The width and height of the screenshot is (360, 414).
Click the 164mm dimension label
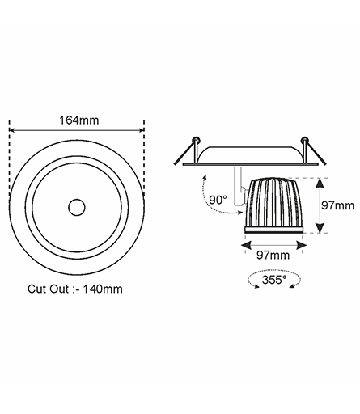coord(79,120)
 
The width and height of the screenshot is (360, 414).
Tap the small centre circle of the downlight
coord(77,208)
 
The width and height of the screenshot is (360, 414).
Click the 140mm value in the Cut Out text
coord(103,289)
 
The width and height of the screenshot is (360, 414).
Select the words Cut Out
coord(49,289)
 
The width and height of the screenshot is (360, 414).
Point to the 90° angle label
coord(218,200)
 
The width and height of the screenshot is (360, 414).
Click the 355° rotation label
coord(274,280)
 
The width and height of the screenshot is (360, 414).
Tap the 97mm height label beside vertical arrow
coord(337,205)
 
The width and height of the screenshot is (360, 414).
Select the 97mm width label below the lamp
coord(273,255)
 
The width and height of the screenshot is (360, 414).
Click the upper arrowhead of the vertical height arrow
coord(320,183)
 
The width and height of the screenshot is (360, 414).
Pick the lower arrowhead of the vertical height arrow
coord(320,228)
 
